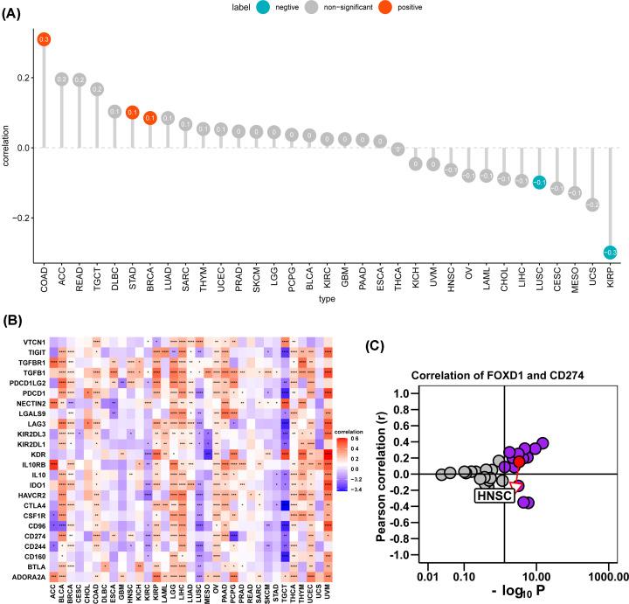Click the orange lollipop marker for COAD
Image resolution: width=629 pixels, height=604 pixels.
pos(44,39)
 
